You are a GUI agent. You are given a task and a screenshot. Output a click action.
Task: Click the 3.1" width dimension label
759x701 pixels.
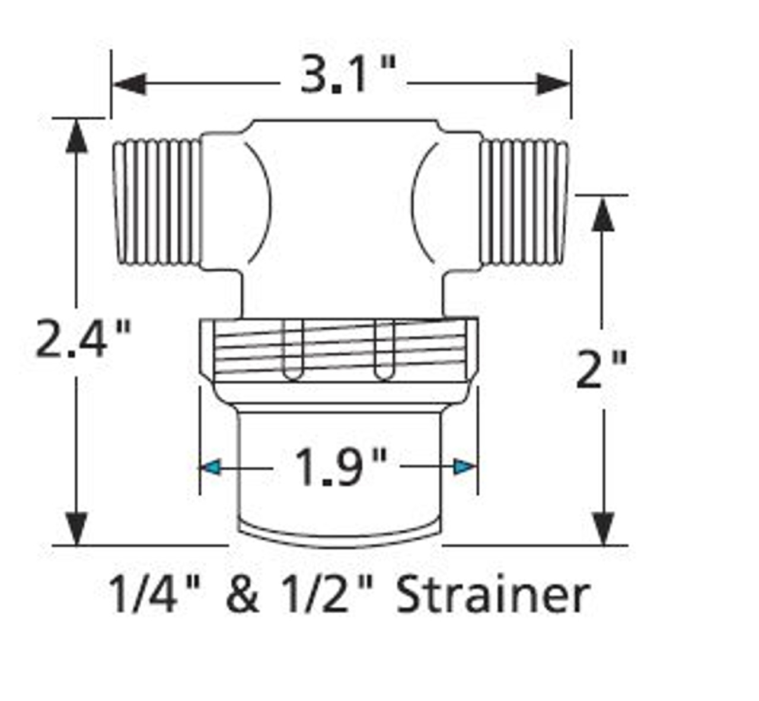342,77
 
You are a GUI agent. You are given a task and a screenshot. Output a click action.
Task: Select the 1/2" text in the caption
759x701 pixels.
326,595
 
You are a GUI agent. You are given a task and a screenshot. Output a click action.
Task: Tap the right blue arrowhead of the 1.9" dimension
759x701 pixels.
465,467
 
